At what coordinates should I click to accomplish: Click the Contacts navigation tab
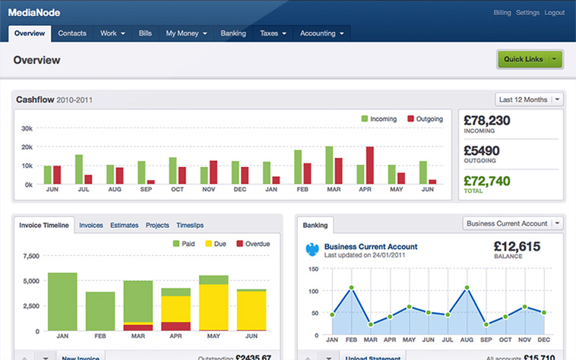(72, 33)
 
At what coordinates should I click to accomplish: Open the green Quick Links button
(530, 59)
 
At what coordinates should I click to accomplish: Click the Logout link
(554, 13)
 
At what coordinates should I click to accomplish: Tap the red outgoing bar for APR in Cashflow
(369, 166)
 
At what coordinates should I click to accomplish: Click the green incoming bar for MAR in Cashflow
(329, 165)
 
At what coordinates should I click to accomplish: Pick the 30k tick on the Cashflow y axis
(27, 128)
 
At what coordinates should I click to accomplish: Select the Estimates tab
(124, 226)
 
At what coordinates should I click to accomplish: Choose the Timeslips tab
(190, 226)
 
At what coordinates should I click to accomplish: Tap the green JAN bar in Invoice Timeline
(62, 302)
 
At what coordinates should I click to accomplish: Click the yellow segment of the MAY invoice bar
(214, 307)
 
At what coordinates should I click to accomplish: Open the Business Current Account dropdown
(513, 223)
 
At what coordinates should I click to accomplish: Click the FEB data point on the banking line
(351, 288)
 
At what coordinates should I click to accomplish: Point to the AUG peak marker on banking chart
(467, 287)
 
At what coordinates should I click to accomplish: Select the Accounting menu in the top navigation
(321, 33)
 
